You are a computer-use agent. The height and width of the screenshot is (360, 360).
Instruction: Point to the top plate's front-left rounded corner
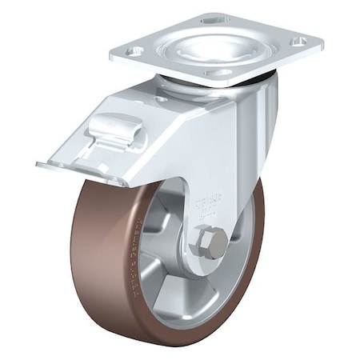116,58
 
